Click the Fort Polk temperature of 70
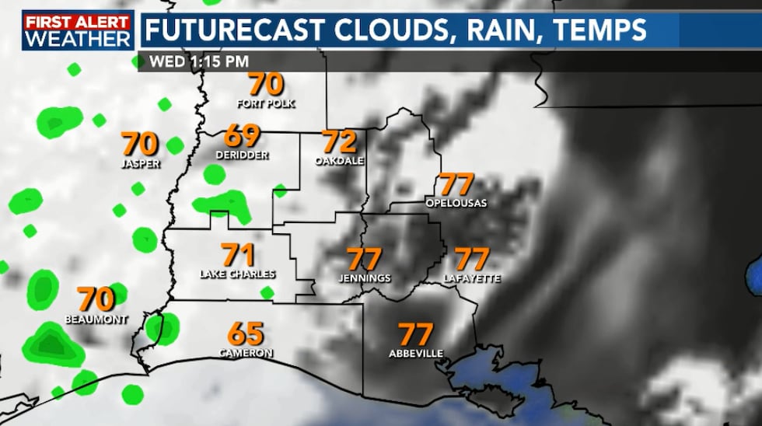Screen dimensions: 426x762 click(266, 85)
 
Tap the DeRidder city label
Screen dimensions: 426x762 click(242, 155)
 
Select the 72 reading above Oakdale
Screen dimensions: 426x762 click(339, 142)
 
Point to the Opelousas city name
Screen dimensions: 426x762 click(456, 203)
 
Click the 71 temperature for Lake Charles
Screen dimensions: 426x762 click(238, 255)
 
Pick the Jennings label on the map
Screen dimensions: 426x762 click(365, 278)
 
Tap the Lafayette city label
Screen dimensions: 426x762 click(472, 278)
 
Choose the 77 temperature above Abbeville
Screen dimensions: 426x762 click(416, 335)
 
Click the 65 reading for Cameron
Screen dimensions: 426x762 click(246, 334)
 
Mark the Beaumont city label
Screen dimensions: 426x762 click(96, 319)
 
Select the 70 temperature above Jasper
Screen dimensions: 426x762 click(141, 144)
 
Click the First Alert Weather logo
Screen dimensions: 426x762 click(77, 30)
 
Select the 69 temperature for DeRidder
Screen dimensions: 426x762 click(242, 136)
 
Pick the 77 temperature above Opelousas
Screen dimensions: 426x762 click(457, 185)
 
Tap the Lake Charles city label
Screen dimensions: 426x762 click(238, 274)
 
